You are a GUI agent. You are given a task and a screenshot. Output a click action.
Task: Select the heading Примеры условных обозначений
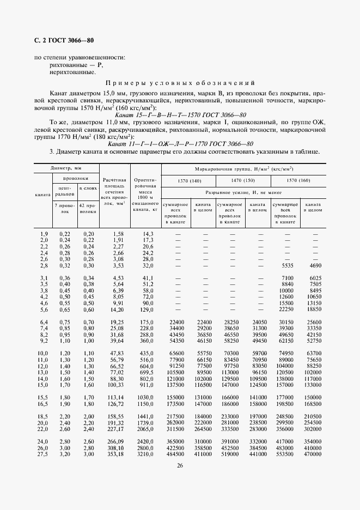pyautogui.click(x=180, y=83)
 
